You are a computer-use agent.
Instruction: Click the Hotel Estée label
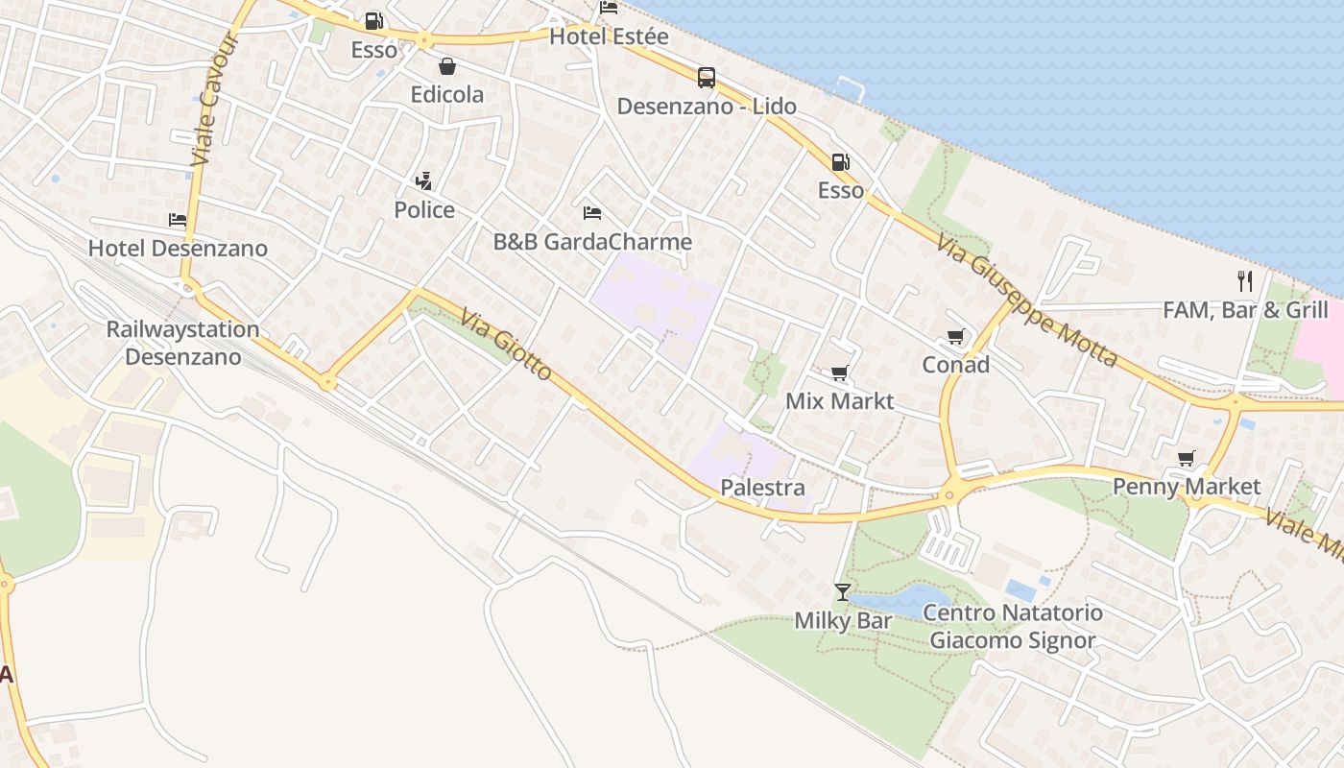[x=609, y=36]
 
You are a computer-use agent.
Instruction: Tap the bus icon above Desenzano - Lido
[x=707, y=78]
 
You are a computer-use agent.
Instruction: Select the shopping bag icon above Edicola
[x=446, y=66]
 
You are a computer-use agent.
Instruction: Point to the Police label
[x=424, y=209]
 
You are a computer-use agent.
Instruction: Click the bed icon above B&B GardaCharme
[x=592, y=212]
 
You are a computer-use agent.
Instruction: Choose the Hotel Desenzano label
[x=178, y=248]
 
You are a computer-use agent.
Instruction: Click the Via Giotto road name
[x=506, y=343]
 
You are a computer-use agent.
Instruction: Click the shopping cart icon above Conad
[x=955, y=337]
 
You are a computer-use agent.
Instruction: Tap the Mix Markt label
[x=839, y=400]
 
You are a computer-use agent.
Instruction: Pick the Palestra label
[x=762, y=488]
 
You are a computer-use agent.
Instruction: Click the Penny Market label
[x=1187, y=486]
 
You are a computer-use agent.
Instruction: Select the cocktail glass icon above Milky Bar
[x=842, y=591]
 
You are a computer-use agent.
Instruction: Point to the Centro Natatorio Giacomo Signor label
[x=1013, y=626]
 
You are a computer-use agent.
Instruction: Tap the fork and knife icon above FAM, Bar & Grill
[x=1245, y=280]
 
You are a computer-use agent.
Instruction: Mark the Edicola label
[x=446, y=94]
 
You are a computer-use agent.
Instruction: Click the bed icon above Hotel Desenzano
[x=177, y=220]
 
